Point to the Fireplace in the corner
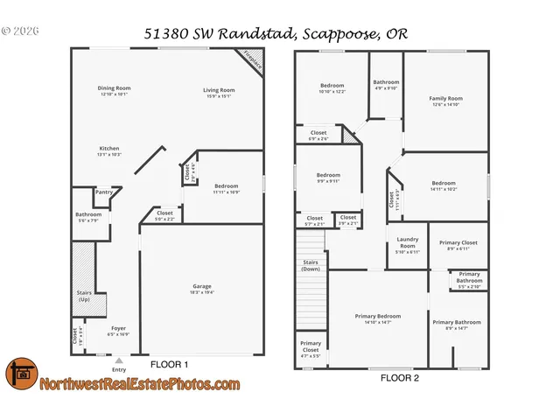[x=253, y=60]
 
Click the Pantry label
[x=103, y=192]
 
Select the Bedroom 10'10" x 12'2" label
[x=332, y=87]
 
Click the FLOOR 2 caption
[x=399, y=378]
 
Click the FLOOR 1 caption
[x=170, y=363]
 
